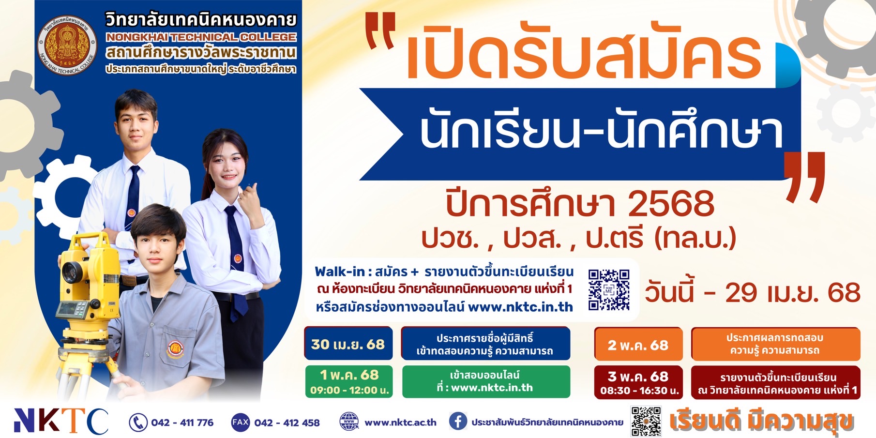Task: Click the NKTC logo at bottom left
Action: click(x=61, y=421)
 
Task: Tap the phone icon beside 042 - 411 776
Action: click(x=138, y=423)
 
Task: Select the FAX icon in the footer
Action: click(x=240, y=423)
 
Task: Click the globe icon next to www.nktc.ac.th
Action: click(x=349, y=422)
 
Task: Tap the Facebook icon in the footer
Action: click(x=458, y=422)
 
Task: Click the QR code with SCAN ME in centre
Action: click(x=609, y=290)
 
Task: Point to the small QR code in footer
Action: click(x=646, y=422)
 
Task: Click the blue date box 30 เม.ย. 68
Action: click(x=348, y=344)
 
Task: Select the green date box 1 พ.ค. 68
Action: click(x=349, y=382)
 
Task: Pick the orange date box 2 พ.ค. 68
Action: click(x=638, y=345)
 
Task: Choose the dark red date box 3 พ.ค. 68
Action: click(x=638, y=382)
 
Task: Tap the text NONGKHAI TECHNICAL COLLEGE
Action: click(x=201, y=37)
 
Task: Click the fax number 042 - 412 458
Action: click(x=287, y=423)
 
